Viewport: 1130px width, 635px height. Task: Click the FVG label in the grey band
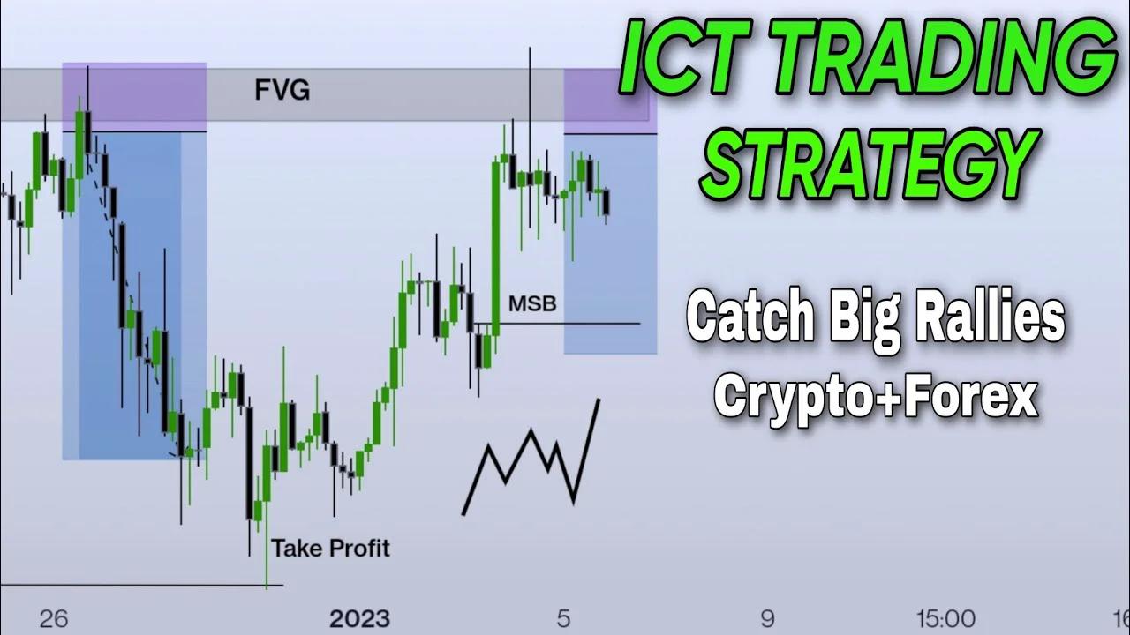(282, 90)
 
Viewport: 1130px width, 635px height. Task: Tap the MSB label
(532, 304)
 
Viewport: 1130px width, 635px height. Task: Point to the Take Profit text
(330, 549)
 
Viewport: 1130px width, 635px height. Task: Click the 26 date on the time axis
(54, 618)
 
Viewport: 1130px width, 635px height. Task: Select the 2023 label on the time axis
(359, 618)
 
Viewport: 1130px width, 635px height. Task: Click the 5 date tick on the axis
(563, 618)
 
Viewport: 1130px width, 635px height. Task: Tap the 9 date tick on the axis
(767, 618)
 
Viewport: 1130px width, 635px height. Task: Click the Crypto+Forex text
(876, 397)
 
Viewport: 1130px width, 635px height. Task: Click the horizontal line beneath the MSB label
(565, 324)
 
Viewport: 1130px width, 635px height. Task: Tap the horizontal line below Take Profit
(141, 585)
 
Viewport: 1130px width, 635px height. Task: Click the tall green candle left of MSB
(495, 247)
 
